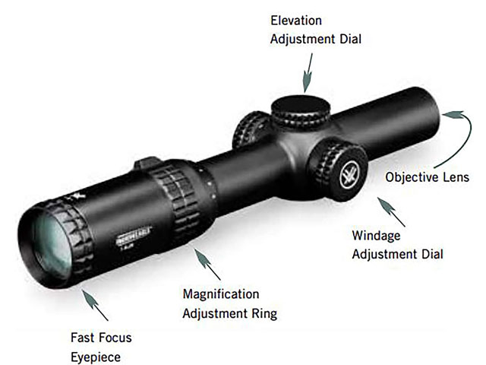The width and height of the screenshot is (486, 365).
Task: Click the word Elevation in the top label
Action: pos(297,21)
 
